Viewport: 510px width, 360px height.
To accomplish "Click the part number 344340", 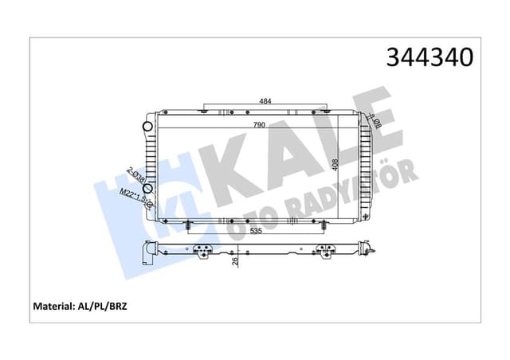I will click(x=430, y=57).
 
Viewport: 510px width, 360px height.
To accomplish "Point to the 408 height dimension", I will click(x=335, y=165).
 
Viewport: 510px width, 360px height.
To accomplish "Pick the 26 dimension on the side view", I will click(x=234, y=260).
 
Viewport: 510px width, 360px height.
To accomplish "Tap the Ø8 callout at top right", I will click(x=377, y=122).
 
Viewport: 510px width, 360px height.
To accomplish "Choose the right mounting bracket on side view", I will click(x=325, y=252).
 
